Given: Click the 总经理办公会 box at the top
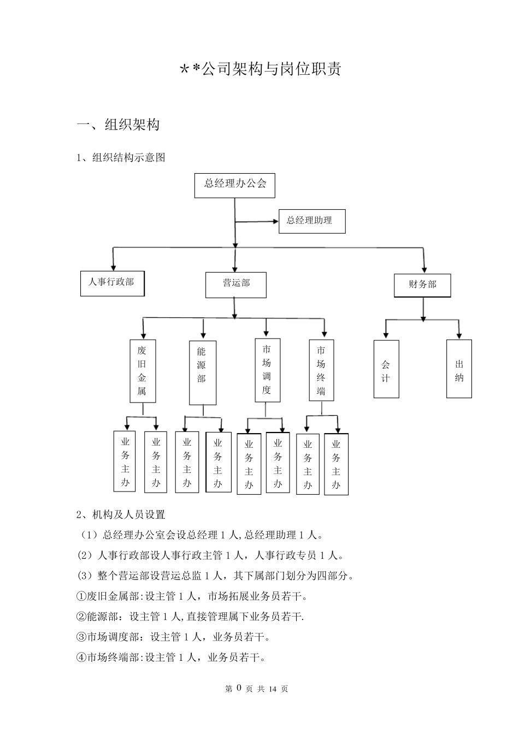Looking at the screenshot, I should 235,185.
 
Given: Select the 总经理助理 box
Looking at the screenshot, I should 311,221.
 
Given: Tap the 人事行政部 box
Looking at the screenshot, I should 112,283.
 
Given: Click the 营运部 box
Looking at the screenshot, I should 236,285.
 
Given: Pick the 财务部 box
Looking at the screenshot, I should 422,285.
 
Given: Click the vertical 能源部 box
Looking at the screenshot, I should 202,372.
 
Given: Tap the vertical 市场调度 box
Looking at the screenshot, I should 267,370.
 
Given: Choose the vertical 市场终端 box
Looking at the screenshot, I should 321,370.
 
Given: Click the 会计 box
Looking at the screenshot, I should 386,369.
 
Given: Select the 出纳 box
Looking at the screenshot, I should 459,369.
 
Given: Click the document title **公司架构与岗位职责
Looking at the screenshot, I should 261,69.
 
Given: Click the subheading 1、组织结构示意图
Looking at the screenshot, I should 121,158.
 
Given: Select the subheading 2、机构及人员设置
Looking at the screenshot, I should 121,514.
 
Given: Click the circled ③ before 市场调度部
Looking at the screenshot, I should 81,637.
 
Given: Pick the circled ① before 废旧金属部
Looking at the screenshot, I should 81,596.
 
